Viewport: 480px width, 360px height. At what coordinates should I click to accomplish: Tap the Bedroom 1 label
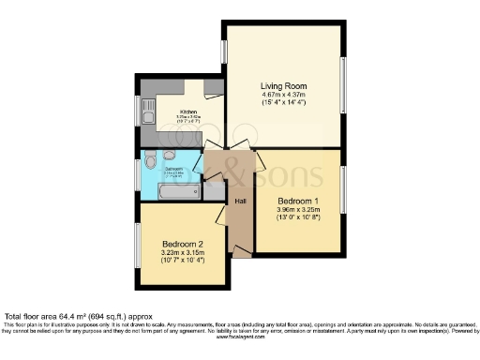click(x=299, y=202)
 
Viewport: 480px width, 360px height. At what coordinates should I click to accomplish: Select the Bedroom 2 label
click(x=183, y=244)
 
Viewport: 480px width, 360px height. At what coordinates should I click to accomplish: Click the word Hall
click(x=240, y=201)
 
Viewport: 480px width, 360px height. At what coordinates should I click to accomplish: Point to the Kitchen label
click(x=189, y=112)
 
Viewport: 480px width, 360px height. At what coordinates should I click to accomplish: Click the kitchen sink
click(x=147, y=116)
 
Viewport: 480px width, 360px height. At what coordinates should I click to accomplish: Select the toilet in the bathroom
click(x=169, y=155)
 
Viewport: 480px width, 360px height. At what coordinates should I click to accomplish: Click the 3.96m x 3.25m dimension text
click(x=299, y=210)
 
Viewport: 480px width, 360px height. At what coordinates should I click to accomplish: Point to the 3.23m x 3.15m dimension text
click(x=183, y=252)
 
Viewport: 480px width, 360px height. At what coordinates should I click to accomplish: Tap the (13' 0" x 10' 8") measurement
click(x=299, y=218)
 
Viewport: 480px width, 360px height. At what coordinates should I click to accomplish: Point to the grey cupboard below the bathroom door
click(x=214, y=191)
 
